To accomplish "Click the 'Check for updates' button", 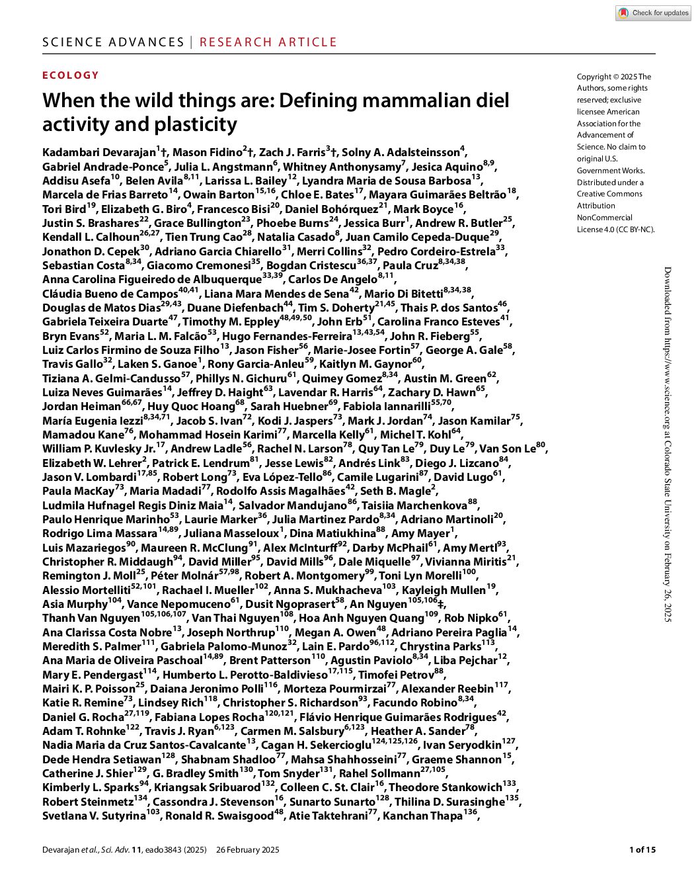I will tap(653, 13).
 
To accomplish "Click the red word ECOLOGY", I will tap(71, 75).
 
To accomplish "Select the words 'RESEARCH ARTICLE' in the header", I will tap(268, 42).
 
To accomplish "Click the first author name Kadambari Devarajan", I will tap(98, 153).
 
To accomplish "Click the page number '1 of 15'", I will tap(642, 850).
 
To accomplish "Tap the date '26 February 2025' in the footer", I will tap(247, 850).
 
